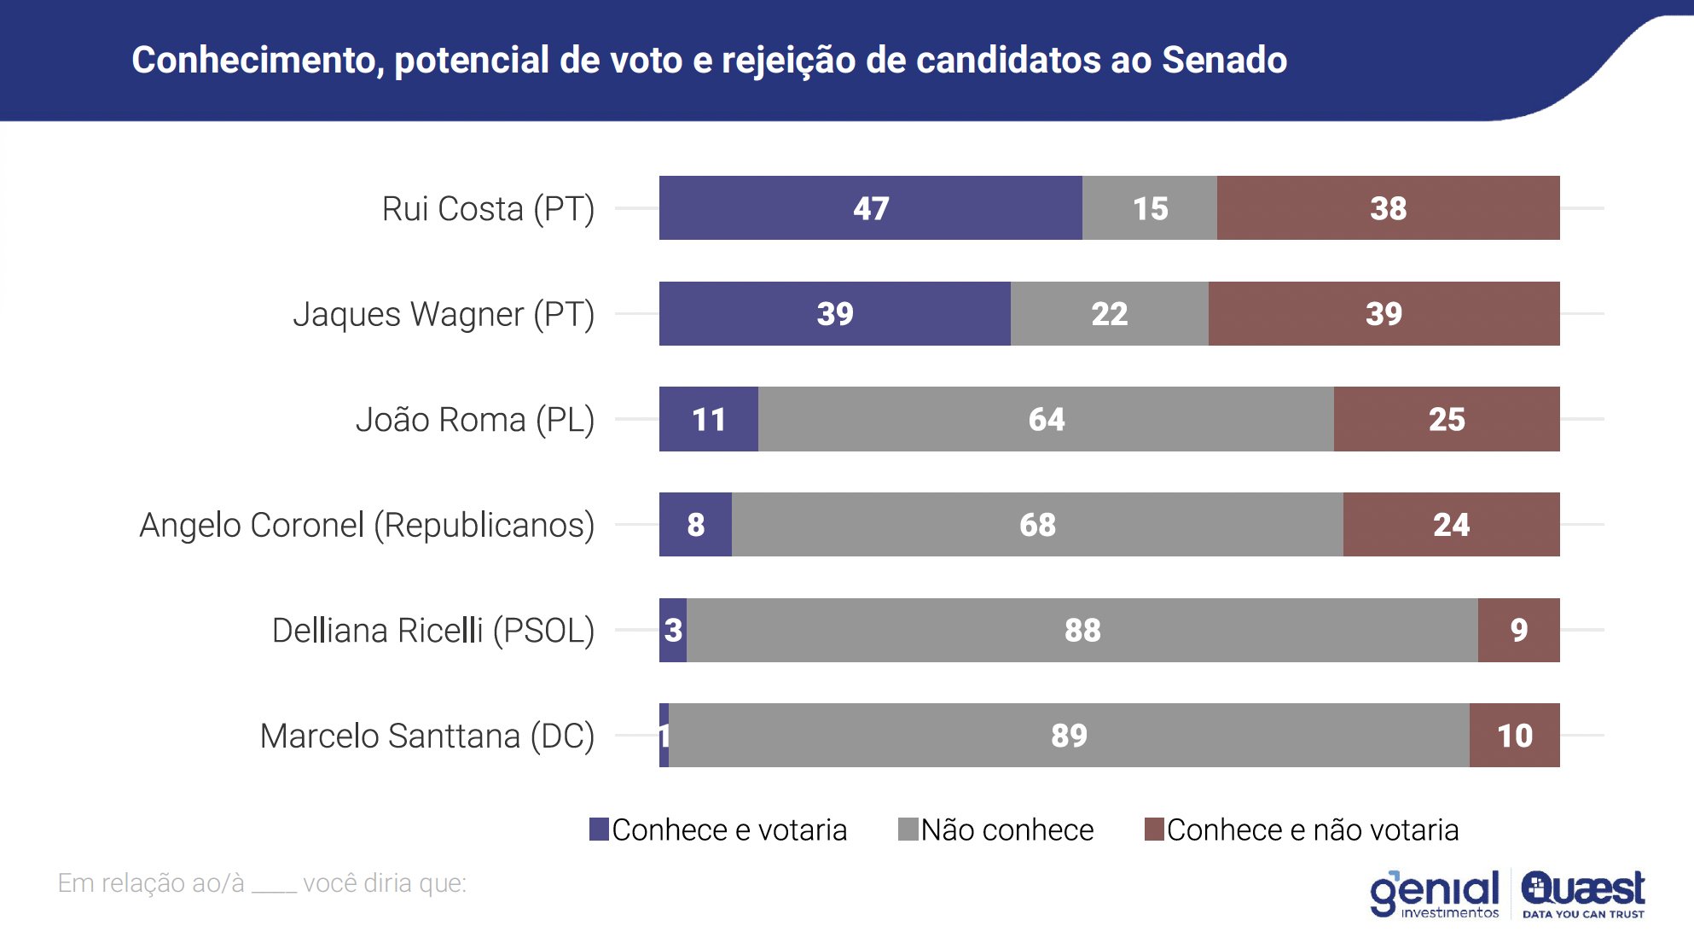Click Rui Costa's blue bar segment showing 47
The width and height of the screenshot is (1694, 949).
point(870,208)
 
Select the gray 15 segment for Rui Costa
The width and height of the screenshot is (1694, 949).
point(1149,208)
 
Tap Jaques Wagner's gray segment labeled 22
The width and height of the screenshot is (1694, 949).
point(1109,314)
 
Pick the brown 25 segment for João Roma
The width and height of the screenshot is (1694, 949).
point(1447,419)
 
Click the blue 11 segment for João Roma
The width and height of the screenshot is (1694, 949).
point(708,419)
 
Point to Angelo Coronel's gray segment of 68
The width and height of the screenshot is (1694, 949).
point(1037,525)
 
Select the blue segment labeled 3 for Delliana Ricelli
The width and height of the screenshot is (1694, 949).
point(673,630)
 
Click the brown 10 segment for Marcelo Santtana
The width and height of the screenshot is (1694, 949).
point(1514,736)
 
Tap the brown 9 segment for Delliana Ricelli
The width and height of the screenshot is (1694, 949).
point(1518,630)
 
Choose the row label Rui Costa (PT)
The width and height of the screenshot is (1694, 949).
point(488,209)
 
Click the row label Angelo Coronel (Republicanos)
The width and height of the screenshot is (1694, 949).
point(367,525)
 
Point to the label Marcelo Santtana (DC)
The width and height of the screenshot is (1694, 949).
point(426,736)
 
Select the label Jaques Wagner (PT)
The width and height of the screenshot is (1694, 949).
point(444,314)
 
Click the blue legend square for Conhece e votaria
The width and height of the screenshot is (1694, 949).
point(599,830)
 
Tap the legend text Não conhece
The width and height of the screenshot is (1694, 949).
point(1007,830)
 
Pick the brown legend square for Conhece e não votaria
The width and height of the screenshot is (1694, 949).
point(1154,830)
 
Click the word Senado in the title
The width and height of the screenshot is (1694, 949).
point(1224,60)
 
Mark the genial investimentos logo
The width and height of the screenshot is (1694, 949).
point(1435,894)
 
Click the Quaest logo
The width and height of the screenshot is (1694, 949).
point(1583,894)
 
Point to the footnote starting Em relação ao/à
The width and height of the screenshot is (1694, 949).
point(262,883)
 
